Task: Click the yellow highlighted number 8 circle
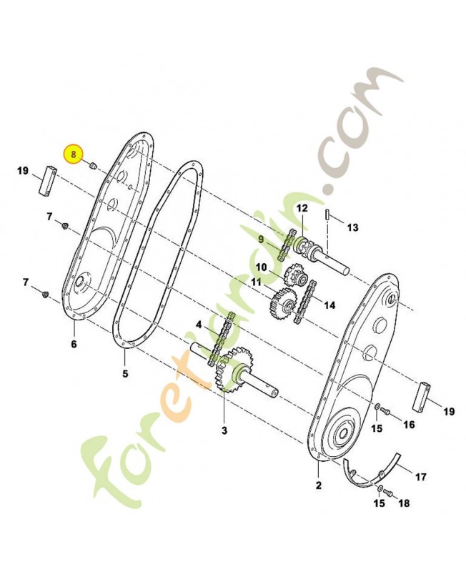coord(74,154)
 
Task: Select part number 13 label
coord(352,227)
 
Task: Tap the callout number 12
coord(302,209)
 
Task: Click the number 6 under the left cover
coord(74,344)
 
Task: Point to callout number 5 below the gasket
coord(125,373)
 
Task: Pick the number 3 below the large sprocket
coord(224,430)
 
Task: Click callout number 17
coord(421,476)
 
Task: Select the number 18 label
coord(404,503)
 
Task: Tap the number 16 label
coord(409,425)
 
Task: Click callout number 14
coord(329,305)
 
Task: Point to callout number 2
coord(319,485)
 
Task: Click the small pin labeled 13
coord(327,214)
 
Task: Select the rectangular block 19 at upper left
coord(46,180)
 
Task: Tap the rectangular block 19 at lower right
coord(421,397)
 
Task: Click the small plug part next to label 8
coord(93,166)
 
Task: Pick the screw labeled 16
coord(385,412)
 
